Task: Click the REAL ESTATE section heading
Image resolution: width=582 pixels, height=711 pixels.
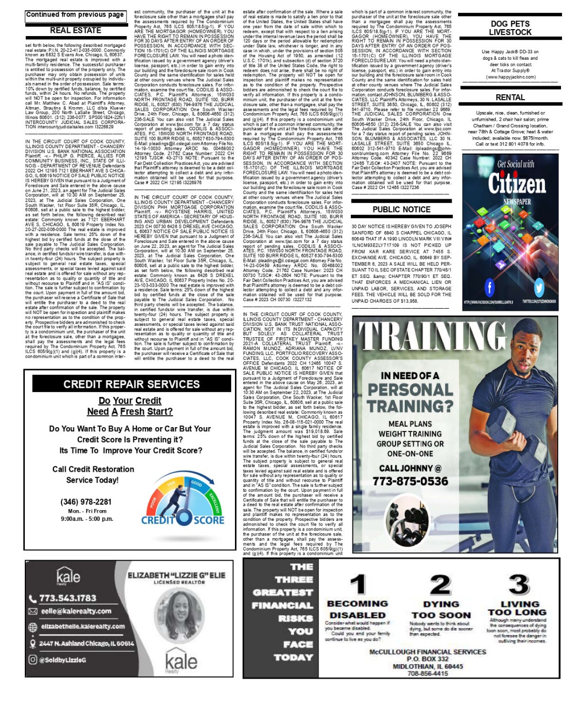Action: tap(75, 31)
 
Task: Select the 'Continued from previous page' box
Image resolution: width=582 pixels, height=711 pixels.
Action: tap(75, 15)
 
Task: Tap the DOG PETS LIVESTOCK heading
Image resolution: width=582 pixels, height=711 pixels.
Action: tap(510, 28)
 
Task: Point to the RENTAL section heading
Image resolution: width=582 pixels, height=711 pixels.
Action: tap(510, 97)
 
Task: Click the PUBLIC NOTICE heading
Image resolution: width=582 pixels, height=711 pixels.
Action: tap(401, 210)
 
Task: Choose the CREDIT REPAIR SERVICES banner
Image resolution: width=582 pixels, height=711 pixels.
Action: tap(131, 384)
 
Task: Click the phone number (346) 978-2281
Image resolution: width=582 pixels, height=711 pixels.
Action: tap(86, 502)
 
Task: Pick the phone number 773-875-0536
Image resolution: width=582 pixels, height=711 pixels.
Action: tap(410, 481)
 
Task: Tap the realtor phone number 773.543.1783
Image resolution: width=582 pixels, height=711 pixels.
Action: tap(67, 598)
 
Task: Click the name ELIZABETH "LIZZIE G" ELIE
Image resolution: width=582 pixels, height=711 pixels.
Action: tap(176, 575)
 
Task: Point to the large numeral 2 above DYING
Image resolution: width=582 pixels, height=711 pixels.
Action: tap(440, 584)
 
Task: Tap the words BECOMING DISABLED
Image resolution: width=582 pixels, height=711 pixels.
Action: tap(357, 609)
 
